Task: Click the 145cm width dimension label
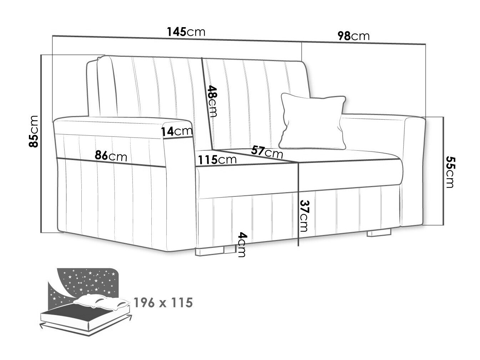click(186, 32)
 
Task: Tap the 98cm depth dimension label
click(354, 36)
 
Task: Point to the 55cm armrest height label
click(450, 171)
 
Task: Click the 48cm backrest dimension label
click(212, 101)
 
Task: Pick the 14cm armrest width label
click(177, 131)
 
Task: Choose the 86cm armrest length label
click(111, 156)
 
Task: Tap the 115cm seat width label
click(217, 160)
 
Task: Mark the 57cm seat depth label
click(267, 152)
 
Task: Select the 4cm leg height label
click(242, 244)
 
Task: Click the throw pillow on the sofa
click(312, 121)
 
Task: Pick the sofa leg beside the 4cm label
click(210, 251)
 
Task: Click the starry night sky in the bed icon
click(87, 282)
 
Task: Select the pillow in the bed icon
click(101, 301)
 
